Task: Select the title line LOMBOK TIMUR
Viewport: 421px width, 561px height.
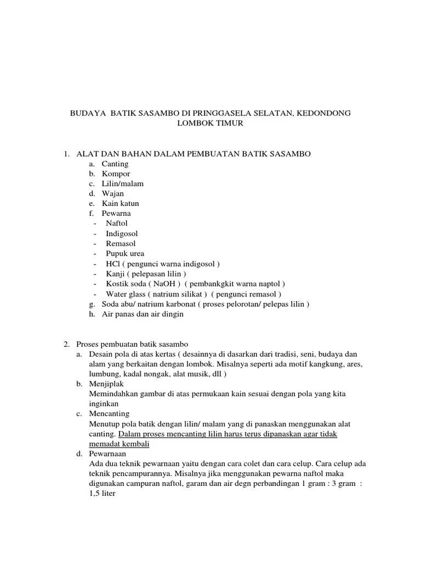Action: tap(210, 123)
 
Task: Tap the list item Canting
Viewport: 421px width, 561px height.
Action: tap(115, 164)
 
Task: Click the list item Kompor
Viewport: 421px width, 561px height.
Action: tap(116, 174)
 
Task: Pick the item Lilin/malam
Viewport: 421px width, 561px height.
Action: tap(122, 184)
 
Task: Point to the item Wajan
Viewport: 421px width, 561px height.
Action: tap(113, 193)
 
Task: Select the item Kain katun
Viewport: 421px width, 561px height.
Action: tap(121, 203)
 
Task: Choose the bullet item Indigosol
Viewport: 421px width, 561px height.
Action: tap(122, 233)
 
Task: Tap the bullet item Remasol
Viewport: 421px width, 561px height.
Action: tap(121, 243)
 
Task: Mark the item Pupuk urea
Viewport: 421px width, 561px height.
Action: tap(125, 254)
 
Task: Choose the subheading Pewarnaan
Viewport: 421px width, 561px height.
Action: tap(107, 454)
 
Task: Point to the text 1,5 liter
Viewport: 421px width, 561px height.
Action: tap(102, 493)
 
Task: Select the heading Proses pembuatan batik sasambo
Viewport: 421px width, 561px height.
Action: tap(132, 344)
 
